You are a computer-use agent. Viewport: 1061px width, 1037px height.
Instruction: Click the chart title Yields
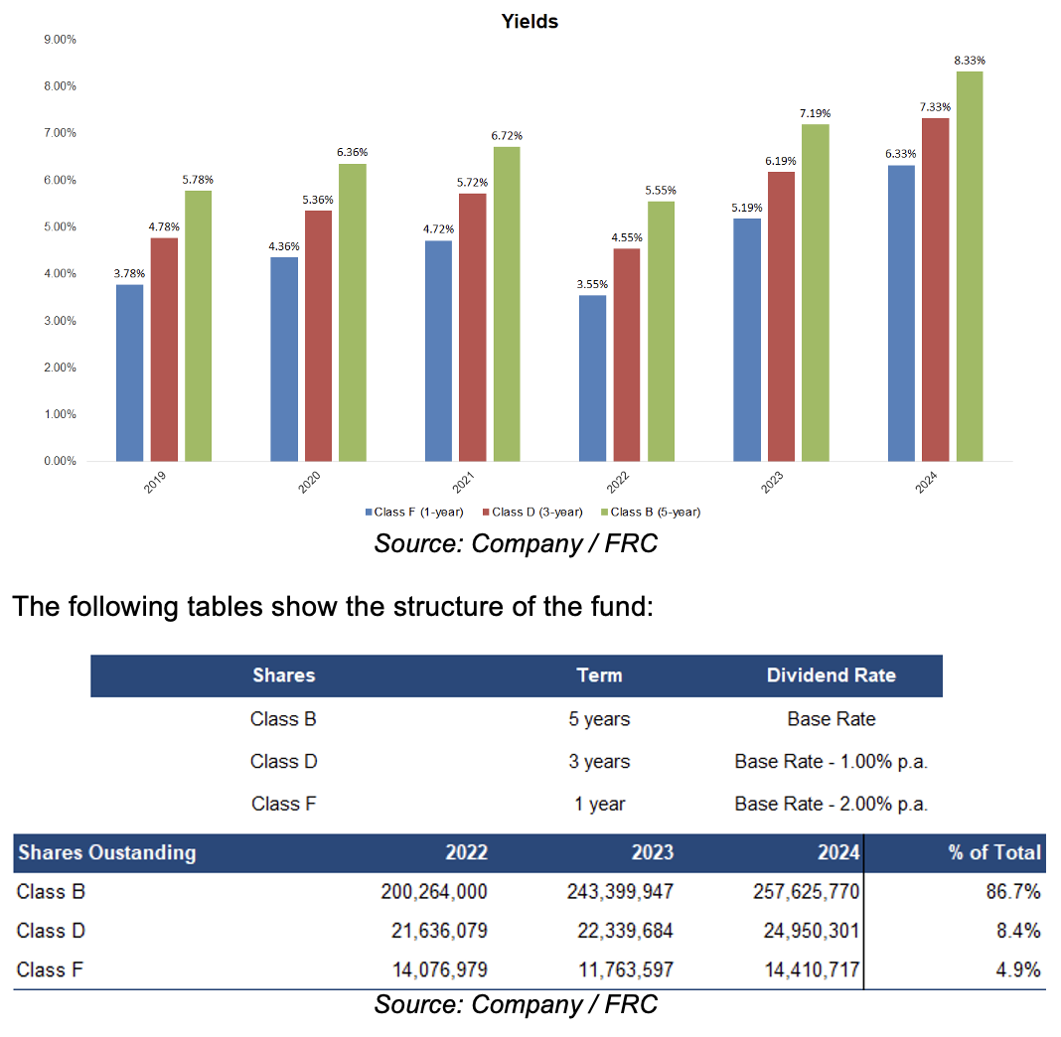point(530,21)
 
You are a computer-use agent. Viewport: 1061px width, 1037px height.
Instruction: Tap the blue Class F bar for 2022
point(592,378)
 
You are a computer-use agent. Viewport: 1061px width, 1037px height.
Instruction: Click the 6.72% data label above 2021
point(507,135)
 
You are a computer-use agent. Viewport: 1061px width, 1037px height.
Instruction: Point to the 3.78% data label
point(130,273)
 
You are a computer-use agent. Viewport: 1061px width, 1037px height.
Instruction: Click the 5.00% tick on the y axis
point(61,226)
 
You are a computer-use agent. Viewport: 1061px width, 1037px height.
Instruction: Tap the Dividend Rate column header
point(831,675)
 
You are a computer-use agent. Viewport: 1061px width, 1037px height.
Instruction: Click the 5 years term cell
point(599,719)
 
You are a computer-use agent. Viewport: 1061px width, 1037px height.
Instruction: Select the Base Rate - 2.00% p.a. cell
point(831,805)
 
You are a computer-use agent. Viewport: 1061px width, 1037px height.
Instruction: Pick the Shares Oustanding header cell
point(107,852)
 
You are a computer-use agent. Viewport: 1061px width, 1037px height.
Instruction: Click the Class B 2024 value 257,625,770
point(806,892)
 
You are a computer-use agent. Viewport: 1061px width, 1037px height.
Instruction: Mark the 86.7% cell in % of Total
point(1012,892)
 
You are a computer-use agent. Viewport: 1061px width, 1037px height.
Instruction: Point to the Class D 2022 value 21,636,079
point(434,932)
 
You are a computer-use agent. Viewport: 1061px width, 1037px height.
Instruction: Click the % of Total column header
point(994,852)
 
